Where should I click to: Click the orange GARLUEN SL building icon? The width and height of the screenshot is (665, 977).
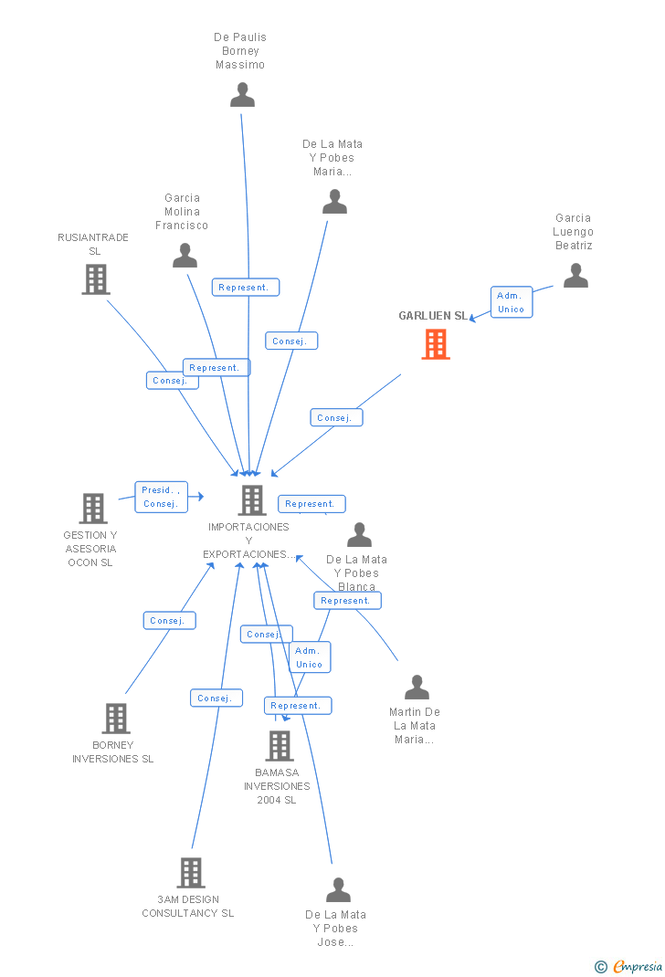pos(436,344)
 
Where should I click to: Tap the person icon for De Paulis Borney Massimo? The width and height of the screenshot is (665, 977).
pos(242,95)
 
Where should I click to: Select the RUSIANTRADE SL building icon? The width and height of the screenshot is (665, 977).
pos(95,279)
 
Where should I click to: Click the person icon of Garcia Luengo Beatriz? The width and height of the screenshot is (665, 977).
pos(575,276)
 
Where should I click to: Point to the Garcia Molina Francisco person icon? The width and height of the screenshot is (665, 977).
pos(185,256)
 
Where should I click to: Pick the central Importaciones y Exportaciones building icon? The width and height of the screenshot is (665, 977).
pos(252,500)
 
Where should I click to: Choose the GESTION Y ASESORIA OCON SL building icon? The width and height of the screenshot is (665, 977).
pos(92,509)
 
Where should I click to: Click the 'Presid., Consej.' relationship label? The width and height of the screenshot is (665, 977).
pos(161,497)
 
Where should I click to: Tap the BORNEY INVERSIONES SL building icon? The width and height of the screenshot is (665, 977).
pos(115,719)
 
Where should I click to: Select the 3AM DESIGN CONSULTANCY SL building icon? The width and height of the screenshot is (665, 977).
pos(190,873)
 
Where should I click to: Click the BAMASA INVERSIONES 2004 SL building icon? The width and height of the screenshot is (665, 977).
pos(279,746)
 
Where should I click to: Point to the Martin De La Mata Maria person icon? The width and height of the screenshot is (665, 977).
pos(417,688)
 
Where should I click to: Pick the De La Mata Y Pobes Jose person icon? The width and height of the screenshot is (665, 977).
pos(338,890)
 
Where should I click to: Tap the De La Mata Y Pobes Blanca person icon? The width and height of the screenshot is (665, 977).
pos(359,535)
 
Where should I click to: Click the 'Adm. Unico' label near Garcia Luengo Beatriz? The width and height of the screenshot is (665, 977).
pos(511,302)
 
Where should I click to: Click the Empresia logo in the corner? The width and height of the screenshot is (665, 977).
pos(629,966)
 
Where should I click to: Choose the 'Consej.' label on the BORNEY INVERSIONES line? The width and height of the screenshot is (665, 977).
pos(169,621)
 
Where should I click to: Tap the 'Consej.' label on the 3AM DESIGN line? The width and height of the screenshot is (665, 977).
pos(216,699)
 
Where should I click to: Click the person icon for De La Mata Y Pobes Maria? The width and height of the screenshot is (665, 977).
pos(335,202)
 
